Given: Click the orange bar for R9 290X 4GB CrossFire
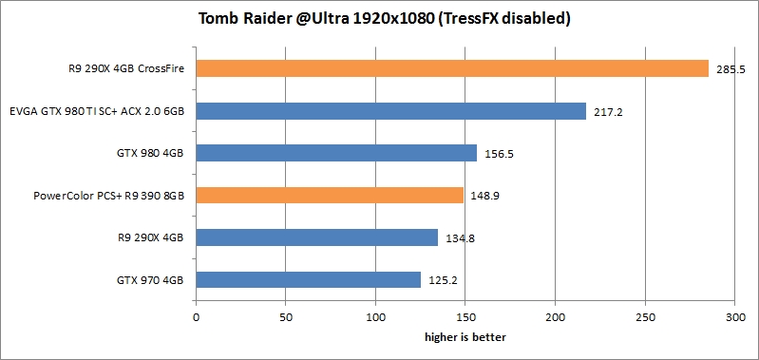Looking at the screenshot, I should pyautogui.click(x=452, y=68).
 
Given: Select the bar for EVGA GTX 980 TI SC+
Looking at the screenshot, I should pyautogui.click(x=390, y=111).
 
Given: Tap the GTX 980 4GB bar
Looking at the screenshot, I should pyautogui.click(x=336, y=153).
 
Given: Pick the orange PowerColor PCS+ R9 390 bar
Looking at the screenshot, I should pyautogui.click(x=330, y=195).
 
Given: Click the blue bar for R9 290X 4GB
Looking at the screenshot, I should pyautogui.click(x=316, y=237).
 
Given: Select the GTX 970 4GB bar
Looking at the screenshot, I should pyautogui.click(x=308, y=279).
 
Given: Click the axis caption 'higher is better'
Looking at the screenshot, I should pyautogui.click(x=465, y=335).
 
